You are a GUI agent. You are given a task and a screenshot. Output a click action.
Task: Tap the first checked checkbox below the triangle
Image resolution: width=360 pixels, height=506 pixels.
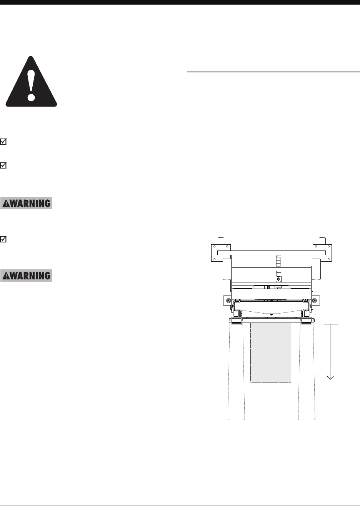[x=3, y=142]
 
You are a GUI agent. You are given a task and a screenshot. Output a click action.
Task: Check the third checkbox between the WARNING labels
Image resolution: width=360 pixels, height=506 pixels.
[x=3, y=239]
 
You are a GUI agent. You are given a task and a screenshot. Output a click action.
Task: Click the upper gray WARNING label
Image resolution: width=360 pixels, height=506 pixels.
[x=27, y=203]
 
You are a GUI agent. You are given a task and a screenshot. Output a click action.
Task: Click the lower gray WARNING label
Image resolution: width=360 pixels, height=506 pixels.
[x=27, y=276]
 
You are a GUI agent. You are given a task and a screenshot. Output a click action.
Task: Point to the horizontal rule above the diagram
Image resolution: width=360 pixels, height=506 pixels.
[x=273, y=72]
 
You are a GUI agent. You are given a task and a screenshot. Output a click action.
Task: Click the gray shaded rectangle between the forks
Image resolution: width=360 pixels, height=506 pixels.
[x=271, y=352]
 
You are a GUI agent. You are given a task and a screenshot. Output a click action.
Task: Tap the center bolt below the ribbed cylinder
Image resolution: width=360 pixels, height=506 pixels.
[x=278, y=278]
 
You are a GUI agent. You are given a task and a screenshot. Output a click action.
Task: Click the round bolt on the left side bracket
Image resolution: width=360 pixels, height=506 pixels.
[x=228, y=300]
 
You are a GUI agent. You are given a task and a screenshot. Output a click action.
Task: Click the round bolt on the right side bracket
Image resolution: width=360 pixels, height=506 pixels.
[x=315, y=300]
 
